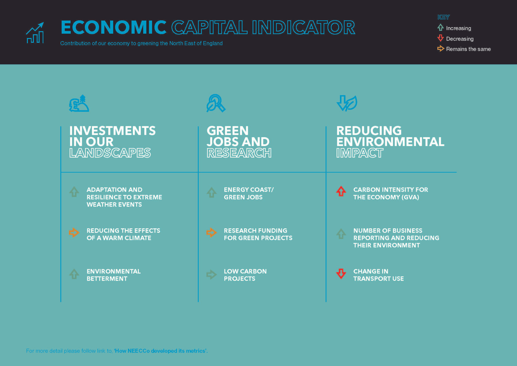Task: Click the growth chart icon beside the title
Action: [35, 33]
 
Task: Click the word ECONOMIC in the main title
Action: [114, 27]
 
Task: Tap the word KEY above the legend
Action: [444, 17]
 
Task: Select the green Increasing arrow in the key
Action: [440, 27]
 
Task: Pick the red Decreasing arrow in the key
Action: [440, 38]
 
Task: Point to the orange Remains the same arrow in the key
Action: [441, 48]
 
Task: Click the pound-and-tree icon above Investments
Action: [79, 103]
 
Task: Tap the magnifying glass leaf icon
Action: [216, 103]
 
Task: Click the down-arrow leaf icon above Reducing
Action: [347, 103]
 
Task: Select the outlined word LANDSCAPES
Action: [110, 153]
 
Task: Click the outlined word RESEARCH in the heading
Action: [239, 153]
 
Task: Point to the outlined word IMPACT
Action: [360, 153]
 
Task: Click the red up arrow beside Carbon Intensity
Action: [341, 191]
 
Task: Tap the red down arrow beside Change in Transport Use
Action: [341, 274]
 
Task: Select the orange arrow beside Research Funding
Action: [211, 232]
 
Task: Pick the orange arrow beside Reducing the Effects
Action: [74, 232]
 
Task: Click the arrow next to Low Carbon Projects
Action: [211, 274]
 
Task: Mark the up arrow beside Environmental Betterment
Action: [74, 274]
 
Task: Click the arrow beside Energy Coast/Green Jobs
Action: [211, 192]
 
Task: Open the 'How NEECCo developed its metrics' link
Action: [161, 351]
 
